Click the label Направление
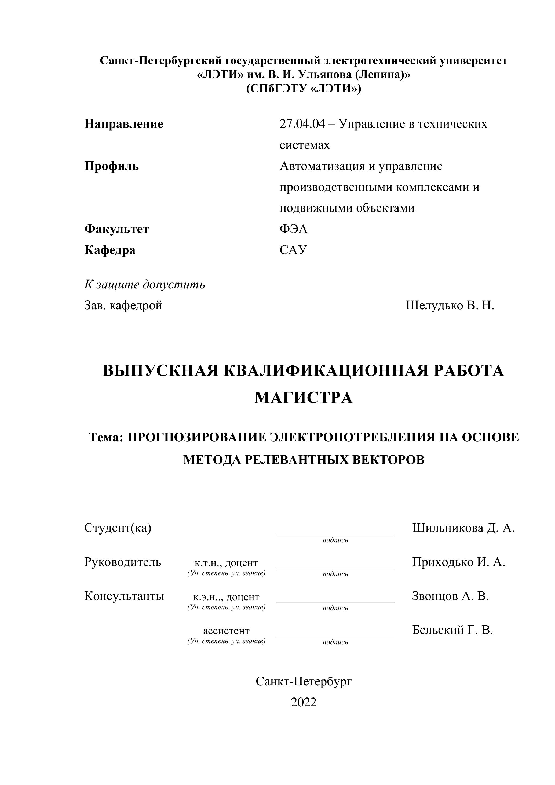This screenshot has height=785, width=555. pyautogui.click(x=124, y=124)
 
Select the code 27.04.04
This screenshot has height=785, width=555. pyautogui.click(x=302, y=124)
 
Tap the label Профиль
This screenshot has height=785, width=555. pyautogui.click(x=111, y=166)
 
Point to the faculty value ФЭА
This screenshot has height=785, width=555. pyautogui.click(x=294, y=229)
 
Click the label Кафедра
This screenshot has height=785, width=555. pyautogui.click(x=110, y=250)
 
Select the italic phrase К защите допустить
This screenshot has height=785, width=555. pyautogui.click(x=145, y=284)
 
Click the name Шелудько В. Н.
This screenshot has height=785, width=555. pyautogui.click(x=450, y=305)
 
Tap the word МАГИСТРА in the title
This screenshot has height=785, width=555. pyautogui.click(x=304, y=398)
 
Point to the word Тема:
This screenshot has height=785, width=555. pyautogui.click(x=105, y=437)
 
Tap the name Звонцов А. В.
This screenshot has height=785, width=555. pyautogui.click(x=450, y=596)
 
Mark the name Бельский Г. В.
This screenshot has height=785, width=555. pyautogui.click(x=452, y=630)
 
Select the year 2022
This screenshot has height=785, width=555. pyautogui.click(x=304, y=702)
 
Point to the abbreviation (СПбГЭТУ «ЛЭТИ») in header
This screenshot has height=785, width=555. pyautogui.click(x=304, y=89)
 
